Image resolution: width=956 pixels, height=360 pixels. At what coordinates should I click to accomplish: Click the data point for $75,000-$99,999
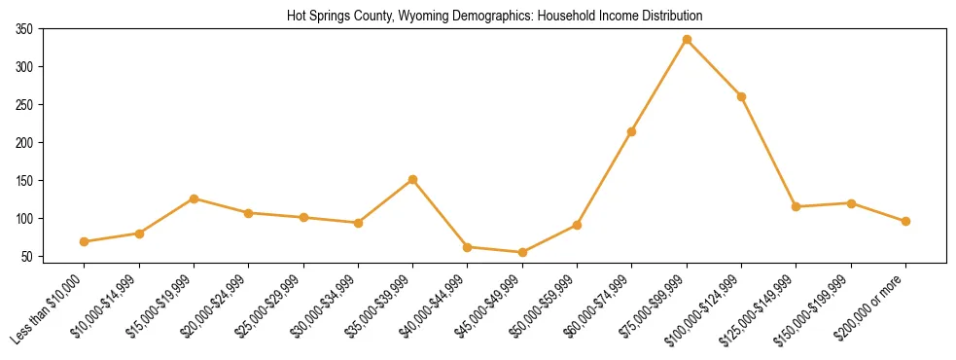(687, 40)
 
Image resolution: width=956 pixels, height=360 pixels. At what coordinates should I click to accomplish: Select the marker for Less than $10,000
(85, 241)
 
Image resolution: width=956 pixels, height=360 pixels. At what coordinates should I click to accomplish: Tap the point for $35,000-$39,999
(413, 179)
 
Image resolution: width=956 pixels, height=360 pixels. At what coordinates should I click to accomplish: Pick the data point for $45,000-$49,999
(522, 252)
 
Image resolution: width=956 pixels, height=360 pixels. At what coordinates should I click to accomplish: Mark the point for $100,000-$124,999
(742, 96)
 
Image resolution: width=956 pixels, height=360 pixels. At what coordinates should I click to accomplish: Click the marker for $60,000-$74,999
(632, 131)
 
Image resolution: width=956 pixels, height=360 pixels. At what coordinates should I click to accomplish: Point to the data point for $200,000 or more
(905, 221)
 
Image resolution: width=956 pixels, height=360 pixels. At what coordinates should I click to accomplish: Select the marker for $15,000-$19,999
(194, 198)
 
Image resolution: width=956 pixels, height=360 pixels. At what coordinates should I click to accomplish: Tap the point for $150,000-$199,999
(851, 203)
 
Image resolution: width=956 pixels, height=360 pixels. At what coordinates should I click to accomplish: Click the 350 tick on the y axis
(24, 29)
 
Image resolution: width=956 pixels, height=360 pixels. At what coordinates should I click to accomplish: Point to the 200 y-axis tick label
(24, 143)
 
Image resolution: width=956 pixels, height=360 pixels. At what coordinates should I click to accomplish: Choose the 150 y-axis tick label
(24, 181)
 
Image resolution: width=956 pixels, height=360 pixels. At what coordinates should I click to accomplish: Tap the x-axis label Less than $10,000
(50, 309)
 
